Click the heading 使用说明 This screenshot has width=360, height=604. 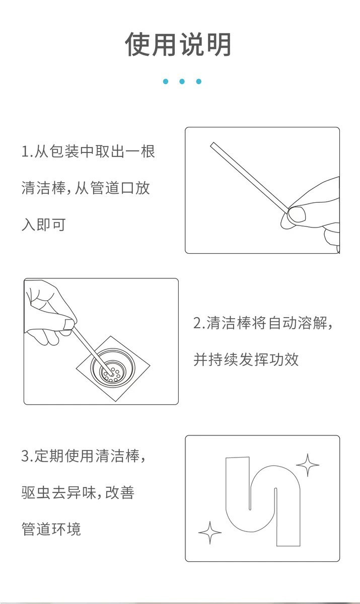(x=178, y=44)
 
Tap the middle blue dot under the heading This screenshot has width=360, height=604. (x=182, y=82)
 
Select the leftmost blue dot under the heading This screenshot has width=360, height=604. (x=166, y=82)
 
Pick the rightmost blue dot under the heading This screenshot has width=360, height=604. (x=199, y=82)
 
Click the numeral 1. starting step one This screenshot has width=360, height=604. (x=27, y=152)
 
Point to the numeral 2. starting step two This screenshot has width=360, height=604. (x=199, y=323)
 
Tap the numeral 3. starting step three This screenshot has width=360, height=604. (x=28, y=456)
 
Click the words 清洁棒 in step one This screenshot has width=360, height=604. (x=44, y=188)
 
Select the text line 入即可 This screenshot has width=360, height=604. (x=44, y=224)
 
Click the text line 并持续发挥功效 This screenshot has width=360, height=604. (x=246, y=359)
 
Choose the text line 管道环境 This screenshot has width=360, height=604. (x=51, y=529)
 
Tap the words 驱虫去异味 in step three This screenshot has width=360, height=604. (x=59, y=493)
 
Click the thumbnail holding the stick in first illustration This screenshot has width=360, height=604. (x=297, y=214)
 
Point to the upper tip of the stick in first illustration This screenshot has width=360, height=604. (x=212, y=144)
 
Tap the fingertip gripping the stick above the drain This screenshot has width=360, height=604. (x=69, y=324)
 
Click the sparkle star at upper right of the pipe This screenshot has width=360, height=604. (x=308, y=465)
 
